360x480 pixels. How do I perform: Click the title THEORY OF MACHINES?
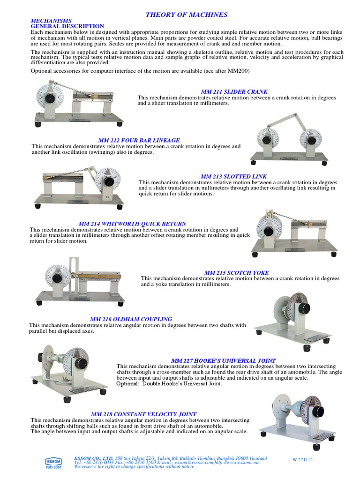[187, 15]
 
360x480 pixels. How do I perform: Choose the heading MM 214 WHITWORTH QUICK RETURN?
[133, 224]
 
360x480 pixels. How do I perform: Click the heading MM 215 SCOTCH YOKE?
[236, 273]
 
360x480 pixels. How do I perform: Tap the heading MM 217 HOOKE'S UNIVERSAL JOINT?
[223, 360]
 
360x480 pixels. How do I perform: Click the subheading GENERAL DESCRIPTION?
[67, 26]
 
